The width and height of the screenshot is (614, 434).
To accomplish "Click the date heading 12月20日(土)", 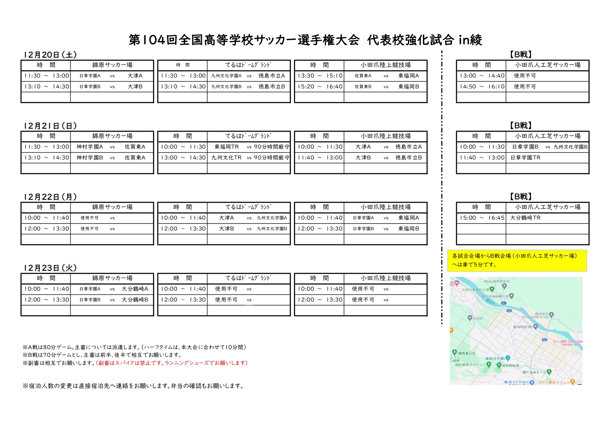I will (x=50, y=55).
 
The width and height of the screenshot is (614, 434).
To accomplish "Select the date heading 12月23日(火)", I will (x=50, y=268).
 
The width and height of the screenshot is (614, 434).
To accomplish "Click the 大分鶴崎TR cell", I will (x=525, y=218).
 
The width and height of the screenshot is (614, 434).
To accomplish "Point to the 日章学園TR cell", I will (x=525, y=158).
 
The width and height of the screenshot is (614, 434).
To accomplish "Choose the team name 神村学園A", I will (x=90, y=147).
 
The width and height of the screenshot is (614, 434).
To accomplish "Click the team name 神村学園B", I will (x=90, y=158).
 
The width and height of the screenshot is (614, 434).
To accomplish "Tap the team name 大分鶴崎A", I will (x=135, y=289).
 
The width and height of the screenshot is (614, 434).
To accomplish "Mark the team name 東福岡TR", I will (x=226, y=147).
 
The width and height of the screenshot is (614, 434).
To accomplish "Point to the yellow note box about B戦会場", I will (x=517, y=260).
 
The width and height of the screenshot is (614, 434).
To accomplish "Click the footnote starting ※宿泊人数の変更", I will (x=133, y=386).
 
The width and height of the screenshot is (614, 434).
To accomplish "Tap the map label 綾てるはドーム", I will (x=534, y=372).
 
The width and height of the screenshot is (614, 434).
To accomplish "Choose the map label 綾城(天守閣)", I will (x=495, y=359).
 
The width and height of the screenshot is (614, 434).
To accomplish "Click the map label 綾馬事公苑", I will (x=467, y=353).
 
